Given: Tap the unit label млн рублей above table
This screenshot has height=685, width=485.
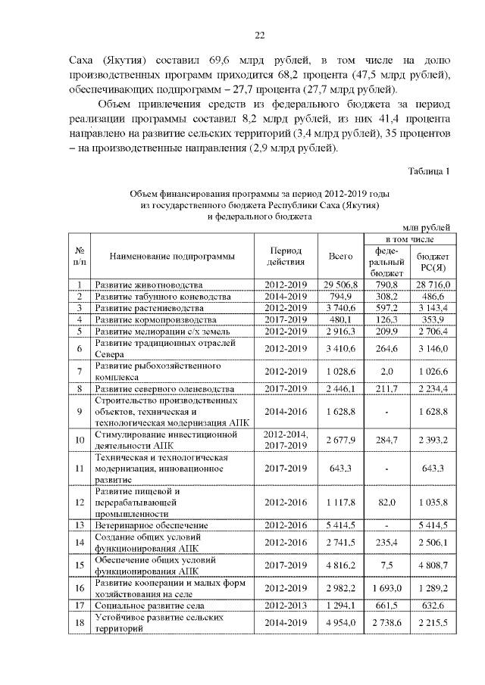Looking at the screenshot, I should [426, 226].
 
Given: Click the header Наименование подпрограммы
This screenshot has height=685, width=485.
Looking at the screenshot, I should [171, 257].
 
